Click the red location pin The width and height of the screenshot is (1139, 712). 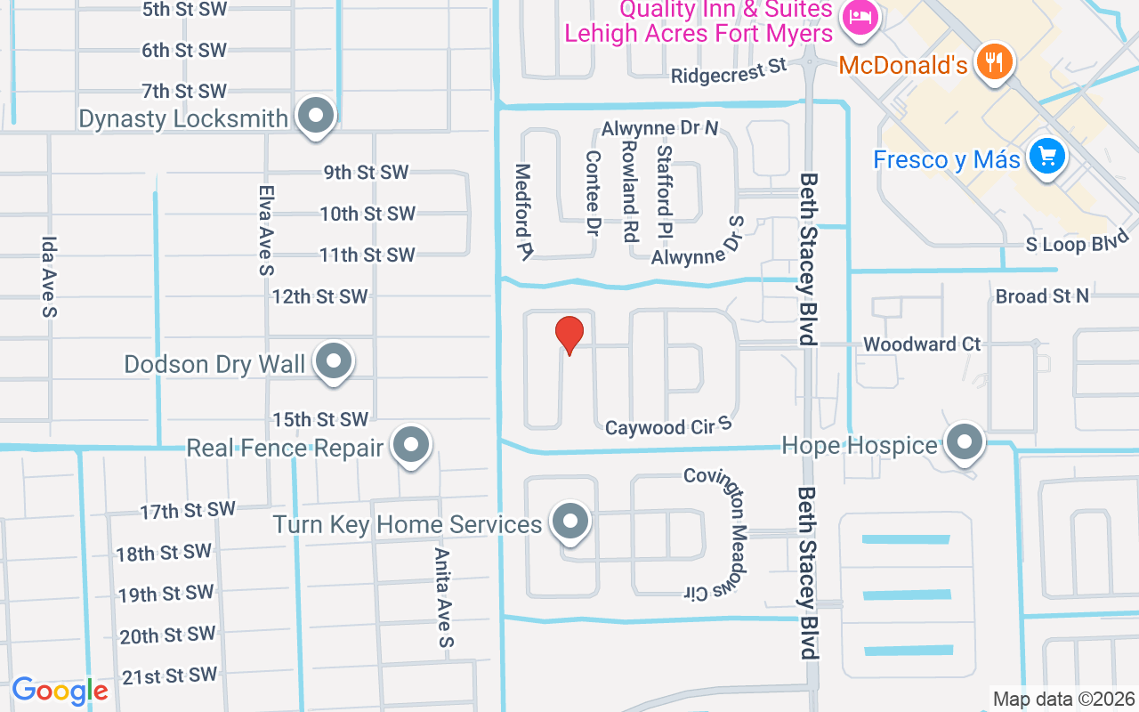(x=569, y=335)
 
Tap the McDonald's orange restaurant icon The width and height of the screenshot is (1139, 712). (x=990, y=61)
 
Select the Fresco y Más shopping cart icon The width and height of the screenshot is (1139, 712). (x=1046, y=158)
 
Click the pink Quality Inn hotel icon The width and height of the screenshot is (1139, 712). (x=860, y=16)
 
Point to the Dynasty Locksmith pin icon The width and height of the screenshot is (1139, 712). (x=315, y=116)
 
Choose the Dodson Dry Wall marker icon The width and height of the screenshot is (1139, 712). (x=335, y=362)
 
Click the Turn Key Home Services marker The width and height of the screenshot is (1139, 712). (x=570, y=522)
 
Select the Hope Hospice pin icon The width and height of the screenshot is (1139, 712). (x=962, y=441)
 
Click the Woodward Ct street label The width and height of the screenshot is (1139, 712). (x=922, y=344)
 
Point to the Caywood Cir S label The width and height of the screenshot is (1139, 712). (x=668, y=427)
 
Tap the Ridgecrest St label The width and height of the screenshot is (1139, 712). (x=730, y=70)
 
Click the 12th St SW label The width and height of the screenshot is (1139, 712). (x=320, y=296)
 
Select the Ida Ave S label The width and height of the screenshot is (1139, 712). (x=49, y=277)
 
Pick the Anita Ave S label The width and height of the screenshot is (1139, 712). (x=443, y=597)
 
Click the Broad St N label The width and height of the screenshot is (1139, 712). (x=1042, y=295)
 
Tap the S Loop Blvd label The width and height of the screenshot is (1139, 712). (x=1077, y=241)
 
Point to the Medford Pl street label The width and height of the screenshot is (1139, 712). (x=523, y=212)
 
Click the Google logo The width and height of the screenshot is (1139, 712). (x=60, y=691)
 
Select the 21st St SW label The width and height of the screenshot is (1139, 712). (x=170, y=676)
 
